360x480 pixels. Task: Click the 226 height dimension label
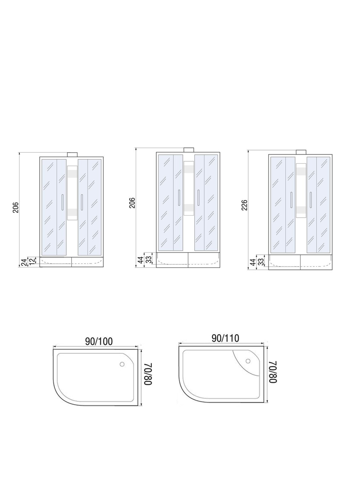[244, 205]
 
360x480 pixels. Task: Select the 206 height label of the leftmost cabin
[16, 208]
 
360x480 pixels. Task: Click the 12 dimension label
[32, 261]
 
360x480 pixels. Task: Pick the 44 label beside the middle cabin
[141, 260]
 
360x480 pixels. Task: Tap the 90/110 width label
[225, 338]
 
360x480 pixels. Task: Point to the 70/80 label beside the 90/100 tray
[148, 374]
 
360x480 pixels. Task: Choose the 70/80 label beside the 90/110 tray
[273, 372]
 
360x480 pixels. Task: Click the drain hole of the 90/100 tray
[122, 364]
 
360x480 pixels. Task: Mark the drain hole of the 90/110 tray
[248, 361]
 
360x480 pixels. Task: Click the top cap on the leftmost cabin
[72, 154]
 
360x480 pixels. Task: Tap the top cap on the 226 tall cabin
[301, 152]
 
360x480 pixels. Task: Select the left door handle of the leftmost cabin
[63, 202]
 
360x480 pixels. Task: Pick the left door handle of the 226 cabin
[291, 200]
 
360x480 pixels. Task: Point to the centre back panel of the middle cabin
[189, 188]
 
